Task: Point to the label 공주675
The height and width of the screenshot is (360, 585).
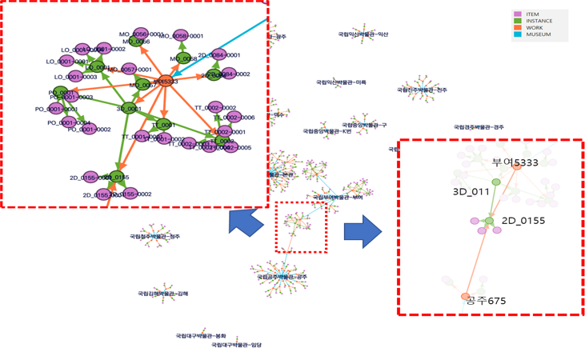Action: pos(487,301)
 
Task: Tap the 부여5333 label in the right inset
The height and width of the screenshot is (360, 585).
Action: pos(515,162)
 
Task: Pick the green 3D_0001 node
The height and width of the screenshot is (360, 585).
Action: pos(128,108)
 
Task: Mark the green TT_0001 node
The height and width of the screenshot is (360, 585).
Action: pos(163,125)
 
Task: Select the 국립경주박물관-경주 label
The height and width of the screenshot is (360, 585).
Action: pos(479,127)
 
